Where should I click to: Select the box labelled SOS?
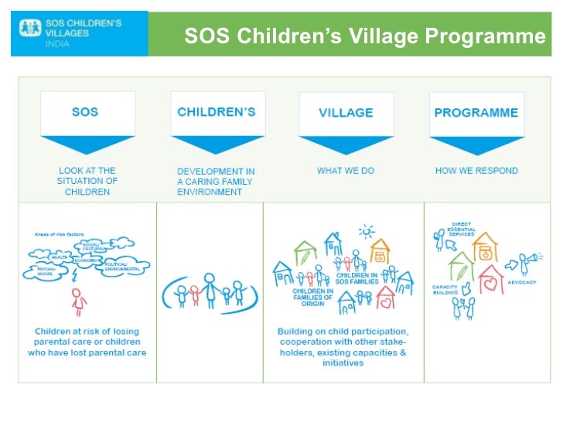85,112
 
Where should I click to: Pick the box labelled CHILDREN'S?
217,112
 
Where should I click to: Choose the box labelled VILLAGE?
346,113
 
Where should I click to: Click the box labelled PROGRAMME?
476,113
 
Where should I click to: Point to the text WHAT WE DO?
345,170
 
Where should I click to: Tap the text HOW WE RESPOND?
476,170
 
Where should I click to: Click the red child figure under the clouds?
77,301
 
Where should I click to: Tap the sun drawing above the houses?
366,231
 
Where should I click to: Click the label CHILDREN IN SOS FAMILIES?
355,277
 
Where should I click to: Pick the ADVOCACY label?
522,282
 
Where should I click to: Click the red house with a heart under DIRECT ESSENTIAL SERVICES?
491,281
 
